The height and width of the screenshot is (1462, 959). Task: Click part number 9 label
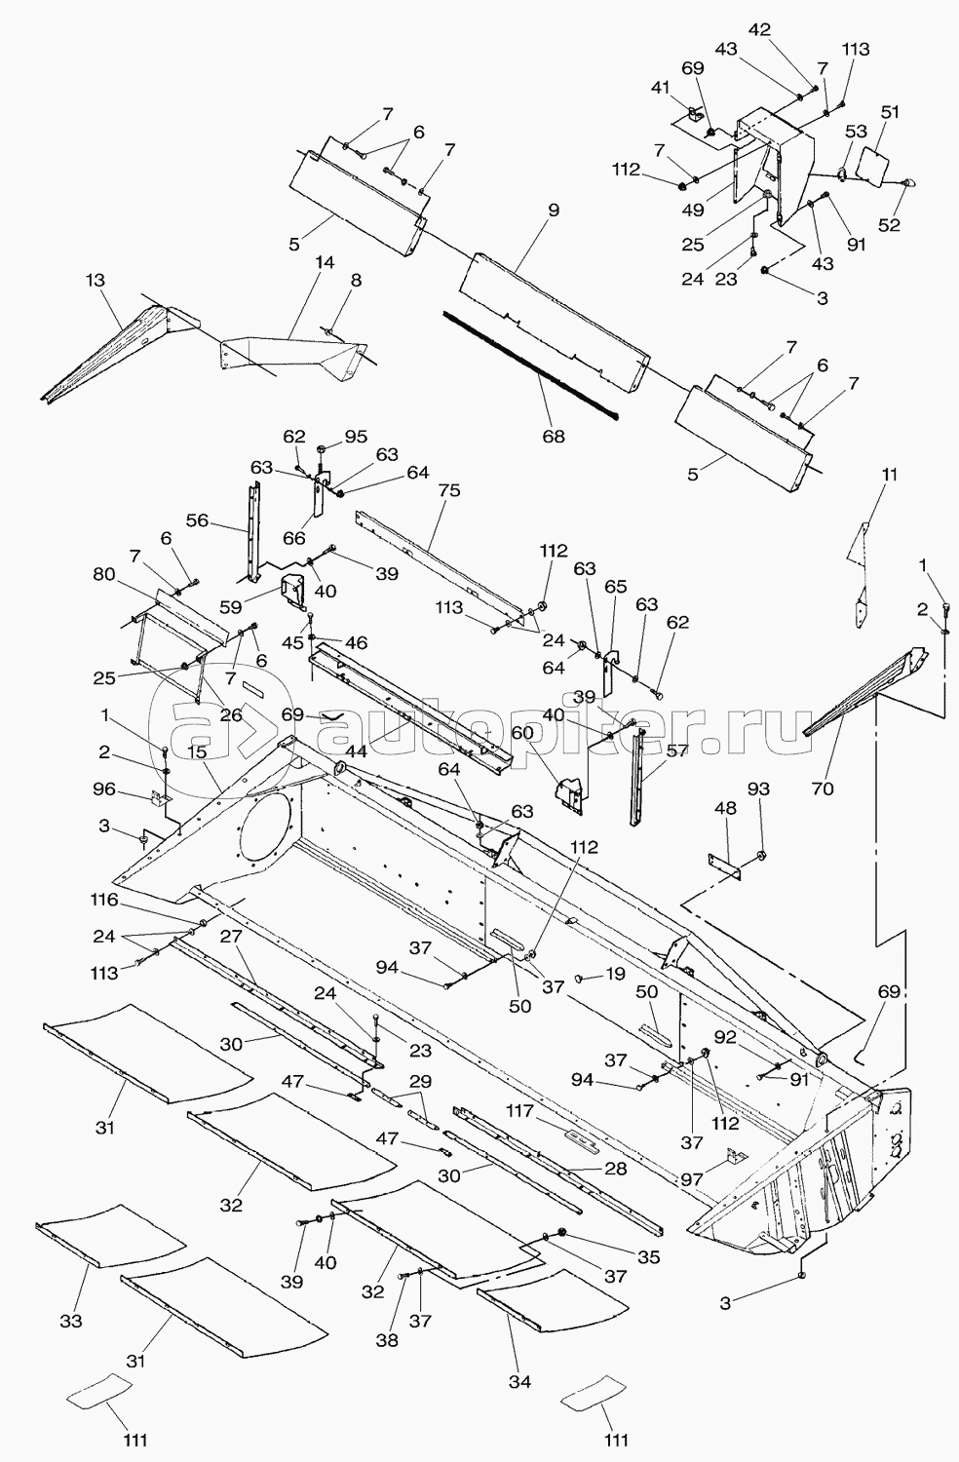554,209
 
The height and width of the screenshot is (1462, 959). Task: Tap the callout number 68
554,437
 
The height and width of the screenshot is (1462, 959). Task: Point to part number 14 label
324,262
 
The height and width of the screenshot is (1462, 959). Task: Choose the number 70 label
823,788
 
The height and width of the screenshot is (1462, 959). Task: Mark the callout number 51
890,112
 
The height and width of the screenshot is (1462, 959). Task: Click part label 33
71,1321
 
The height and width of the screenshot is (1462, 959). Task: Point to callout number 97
693,1179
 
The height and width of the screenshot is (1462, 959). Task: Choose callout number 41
663,87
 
